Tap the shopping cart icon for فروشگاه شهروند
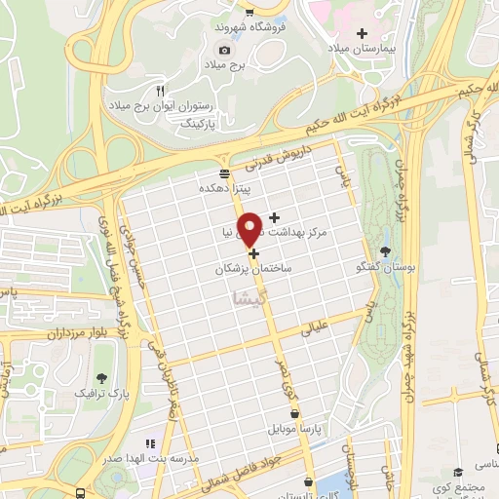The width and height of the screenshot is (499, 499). (x=251, y=13)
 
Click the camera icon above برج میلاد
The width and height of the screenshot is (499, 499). (x=225, y=50)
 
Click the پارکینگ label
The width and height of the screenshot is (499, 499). (x=201, y=124)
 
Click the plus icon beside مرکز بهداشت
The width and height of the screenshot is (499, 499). (x=274, y=216)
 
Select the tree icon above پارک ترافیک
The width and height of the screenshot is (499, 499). (x=101, y=377)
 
